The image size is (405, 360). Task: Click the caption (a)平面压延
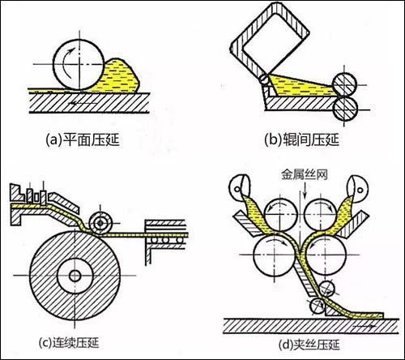tap(83, 140)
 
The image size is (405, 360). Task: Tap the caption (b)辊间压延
tap(301, 140)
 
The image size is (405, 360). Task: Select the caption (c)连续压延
tap(69, 343)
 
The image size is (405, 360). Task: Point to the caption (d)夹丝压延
tap(309, 345)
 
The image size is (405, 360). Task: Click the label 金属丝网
tap(305, 174)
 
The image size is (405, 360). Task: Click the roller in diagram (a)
tap(79, 64)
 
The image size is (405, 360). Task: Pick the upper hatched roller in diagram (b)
tap(344, 84)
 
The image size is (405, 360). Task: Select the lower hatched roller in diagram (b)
tap(345, 109)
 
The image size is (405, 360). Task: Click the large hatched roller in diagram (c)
tap(75, 276)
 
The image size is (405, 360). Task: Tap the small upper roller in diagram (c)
tap(100, 223)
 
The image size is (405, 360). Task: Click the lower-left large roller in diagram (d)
tap(274, 255)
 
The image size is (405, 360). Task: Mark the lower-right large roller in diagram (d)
tap(326, 255)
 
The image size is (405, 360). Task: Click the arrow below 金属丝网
tap(305, 191)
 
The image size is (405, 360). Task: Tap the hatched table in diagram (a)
tap(89, 103)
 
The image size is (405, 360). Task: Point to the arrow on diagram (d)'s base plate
tap(364, 327)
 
